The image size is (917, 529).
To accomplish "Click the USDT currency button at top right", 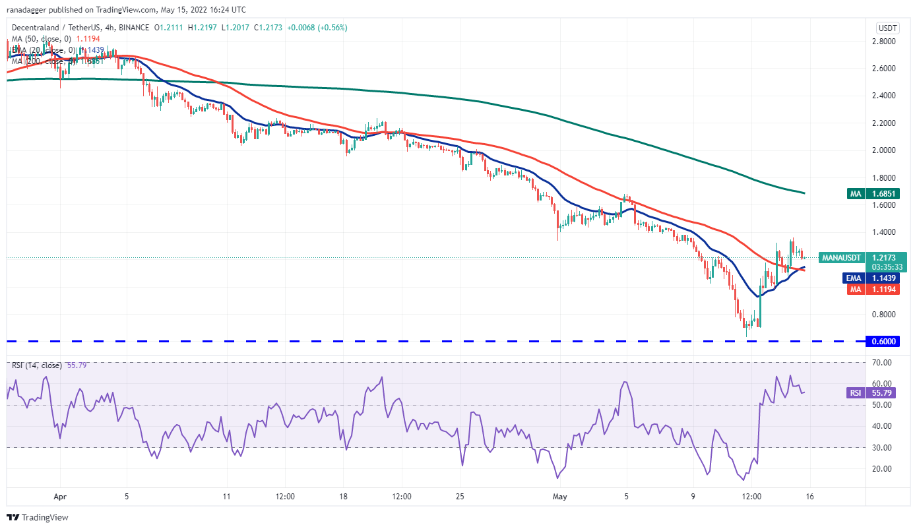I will click(887, 28).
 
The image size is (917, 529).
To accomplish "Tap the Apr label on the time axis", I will click(60, 496).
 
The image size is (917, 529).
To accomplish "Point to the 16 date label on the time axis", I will click(810, 496).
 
